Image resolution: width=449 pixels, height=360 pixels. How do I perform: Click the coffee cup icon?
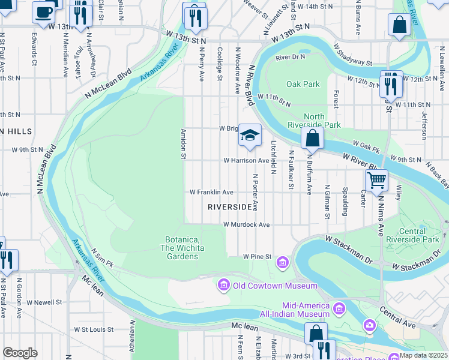click(x=43, y=12)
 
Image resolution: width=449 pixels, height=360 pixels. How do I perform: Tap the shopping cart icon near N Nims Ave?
click(x=376, y=179)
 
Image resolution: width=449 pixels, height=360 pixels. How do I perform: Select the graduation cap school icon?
click(x=250, y=135)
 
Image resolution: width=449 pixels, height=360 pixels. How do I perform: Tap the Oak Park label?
click(x=303, y=85)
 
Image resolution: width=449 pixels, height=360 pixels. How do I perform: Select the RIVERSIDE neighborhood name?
click(x=229, y=206)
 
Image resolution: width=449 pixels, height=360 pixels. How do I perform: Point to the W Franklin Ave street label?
click(x=211, y=193)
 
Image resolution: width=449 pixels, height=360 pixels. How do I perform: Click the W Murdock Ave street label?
click(x=247, y=224)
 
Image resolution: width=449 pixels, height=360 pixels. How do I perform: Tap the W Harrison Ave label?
click(x=246, y=161)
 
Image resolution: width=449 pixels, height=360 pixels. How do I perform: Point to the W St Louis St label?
click(x=94, y=329)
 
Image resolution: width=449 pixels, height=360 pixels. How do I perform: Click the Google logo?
click(x=20, y=353)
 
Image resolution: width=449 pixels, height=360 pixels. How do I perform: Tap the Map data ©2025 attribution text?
click(x=424, y=355)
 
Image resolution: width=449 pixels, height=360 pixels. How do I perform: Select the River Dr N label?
click(x=291, y=57)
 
